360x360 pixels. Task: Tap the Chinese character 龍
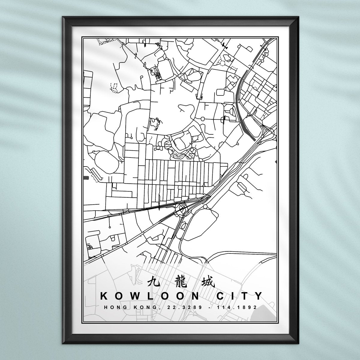(x=180, y=282)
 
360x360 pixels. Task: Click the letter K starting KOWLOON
(x=103, y=296)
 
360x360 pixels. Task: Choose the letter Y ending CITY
(x=258, y=296)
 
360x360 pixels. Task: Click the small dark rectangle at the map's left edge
(x=86, y=178)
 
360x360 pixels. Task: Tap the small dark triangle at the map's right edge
(x=276, y=162)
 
